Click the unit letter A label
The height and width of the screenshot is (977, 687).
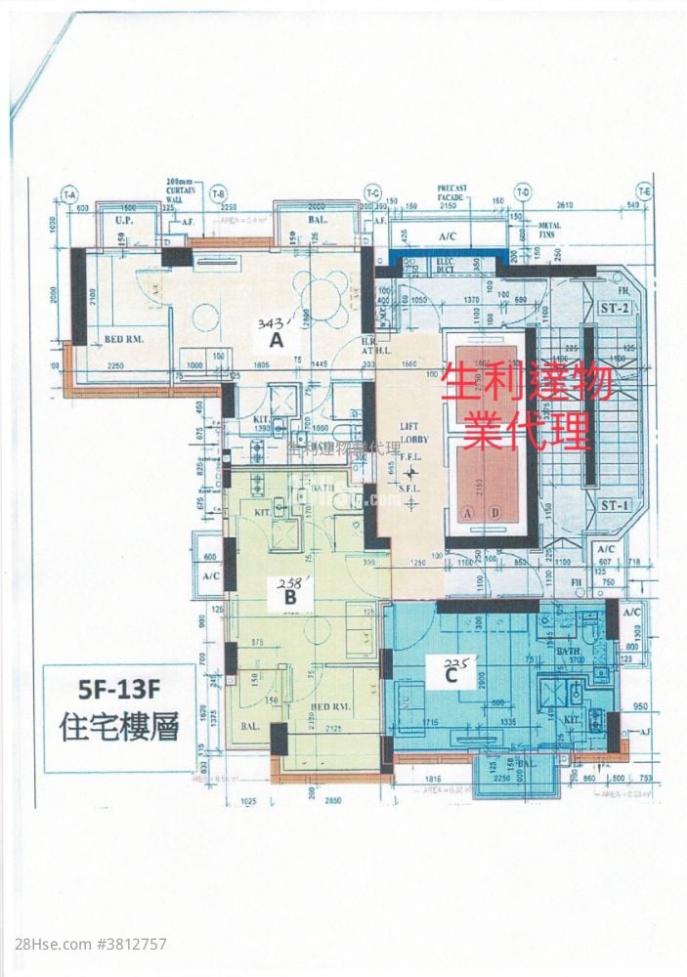pyautogui.click(x=277, y=341)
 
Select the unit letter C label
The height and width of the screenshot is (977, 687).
pyautogui.click(x=451, y=673)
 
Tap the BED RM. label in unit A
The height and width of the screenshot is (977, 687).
pyautogui.click(x=125, y=340)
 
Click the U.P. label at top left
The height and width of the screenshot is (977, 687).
pyautogui.click(x=124, y=222)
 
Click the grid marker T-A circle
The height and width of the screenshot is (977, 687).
pyautogui.click(x=69, y=194)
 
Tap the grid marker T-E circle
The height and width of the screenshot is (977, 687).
pyautogui.click(x=643, y=192)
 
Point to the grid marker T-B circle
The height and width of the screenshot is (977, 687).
pyautogui.click(x=218, y=192)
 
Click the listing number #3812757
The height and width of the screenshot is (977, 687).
pyautogui.click(x=126, y=944)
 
